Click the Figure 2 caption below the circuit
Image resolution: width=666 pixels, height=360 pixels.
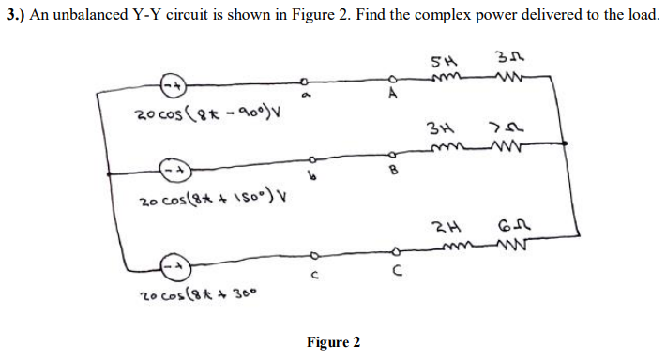[333, 341]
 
